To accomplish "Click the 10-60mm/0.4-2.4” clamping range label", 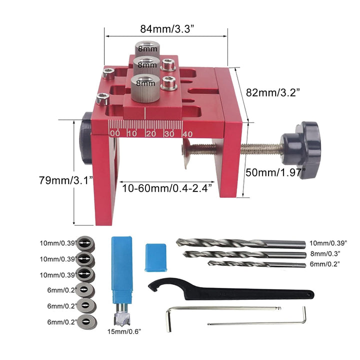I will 167,188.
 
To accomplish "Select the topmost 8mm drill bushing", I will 146,48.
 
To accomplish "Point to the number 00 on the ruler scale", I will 114,133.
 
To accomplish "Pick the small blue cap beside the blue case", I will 155,257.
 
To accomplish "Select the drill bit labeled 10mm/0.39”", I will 240,243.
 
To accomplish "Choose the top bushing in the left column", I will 86,244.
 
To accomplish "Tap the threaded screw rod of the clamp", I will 260,149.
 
